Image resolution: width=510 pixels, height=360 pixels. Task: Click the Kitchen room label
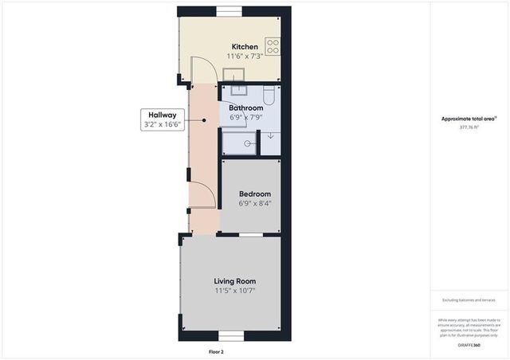(245, 46)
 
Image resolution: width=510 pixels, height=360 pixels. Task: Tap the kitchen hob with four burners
(273, 46)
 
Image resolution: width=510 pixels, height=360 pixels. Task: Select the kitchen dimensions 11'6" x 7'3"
(245, 56)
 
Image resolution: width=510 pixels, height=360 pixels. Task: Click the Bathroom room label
(245, 108)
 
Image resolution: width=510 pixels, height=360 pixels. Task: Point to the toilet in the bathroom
(269, 96)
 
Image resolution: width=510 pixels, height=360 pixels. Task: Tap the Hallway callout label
(163, 115)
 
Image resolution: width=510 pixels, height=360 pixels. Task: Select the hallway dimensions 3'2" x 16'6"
(163, 124)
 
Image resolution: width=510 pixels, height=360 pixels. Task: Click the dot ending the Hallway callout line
(204, 120)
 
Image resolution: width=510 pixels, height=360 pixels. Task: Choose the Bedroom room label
(255, 194)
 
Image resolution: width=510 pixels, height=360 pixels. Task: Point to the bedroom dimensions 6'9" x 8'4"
(255, 203)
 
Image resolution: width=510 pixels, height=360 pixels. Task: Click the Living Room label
(234, 281)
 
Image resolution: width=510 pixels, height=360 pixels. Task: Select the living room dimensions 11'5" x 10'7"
(234, 291)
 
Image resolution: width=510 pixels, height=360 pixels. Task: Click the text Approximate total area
(469, 119)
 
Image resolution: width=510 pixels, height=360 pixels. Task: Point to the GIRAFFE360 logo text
(470, 345)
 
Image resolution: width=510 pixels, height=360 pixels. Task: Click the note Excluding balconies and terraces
(469, 300)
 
